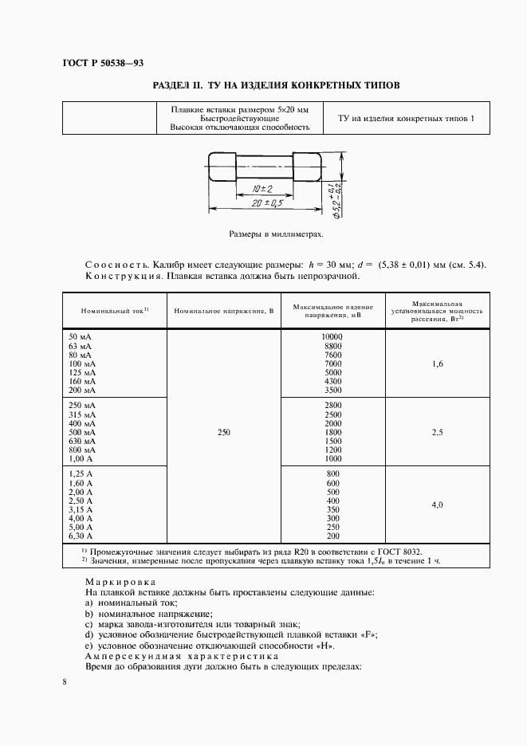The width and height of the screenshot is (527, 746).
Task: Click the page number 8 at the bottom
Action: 65,682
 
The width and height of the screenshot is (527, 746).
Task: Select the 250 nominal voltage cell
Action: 223,432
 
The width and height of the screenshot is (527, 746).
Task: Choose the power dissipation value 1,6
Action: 436,363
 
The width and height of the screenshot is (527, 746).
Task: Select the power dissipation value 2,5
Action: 436,432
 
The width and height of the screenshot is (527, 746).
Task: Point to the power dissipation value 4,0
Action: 436,505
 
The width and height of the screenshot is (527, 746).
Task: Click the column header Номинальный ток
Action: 110,311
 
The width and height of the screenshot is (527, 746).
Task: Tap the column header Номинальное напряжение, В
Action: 223,311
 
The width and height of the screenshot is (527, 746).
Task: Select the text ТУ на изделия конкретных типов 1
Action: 406,119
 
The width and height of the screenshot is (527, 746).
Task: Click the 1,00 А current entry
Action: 81,458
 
